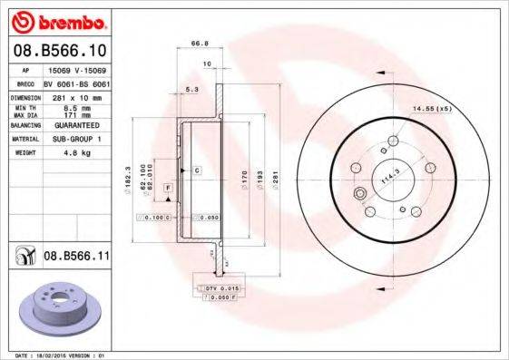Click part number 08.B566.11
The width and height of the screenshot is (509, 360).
coord(76,257)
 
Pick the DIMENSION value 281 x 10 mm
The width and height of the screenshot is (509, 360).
coord(75,95)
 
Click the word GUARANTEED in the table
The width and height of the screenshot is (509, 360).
coord(75,126)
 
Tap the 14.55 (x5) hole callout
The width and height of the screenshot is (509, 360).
coord(432,108)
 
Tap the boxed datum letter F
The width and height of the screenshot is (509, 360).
coord(168,187)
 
